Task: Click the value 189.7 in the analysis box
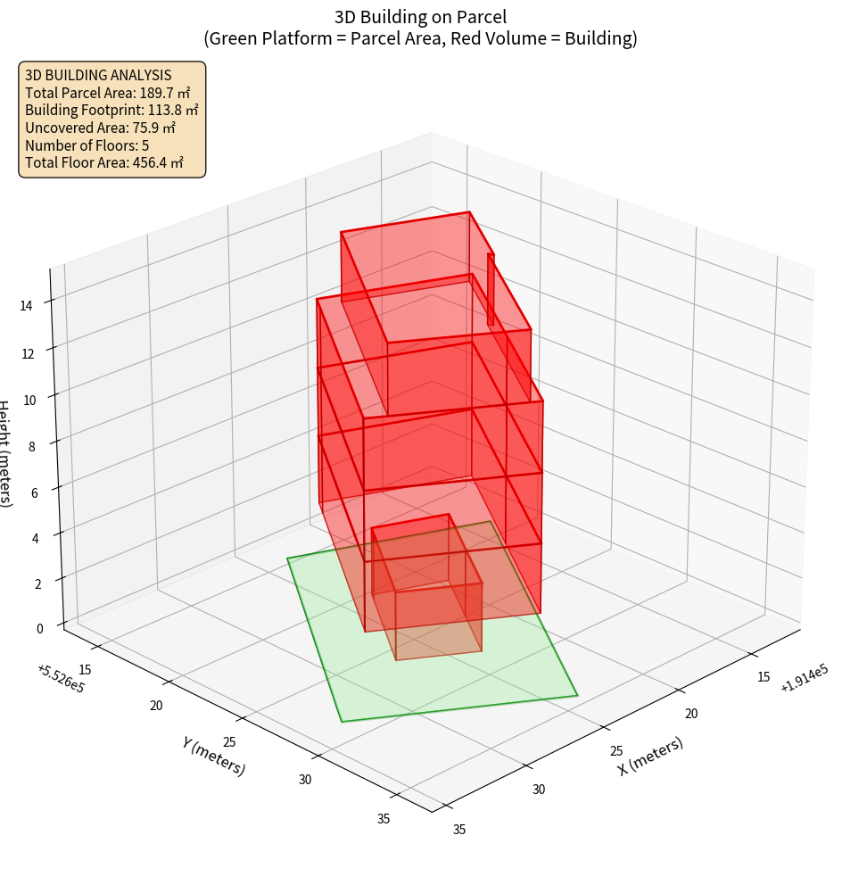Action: (159, 93)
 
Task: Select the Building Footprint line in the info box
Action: (111, 111)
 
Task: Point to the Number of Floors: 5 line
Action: (87, 145)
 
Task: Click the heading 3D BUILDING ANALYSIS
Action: (98, 76)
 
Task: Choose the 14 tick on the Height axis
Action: (27, 305)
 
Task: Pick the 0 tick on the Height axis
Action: (39, 628)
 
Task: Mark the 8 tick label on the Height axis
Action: (32, 445)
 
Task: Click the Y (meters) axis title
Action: (214, 756)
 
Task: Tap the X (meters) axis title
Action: (651, 756)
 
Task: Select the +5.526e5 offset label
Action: (61, 679)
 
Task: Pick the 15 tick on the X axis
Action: (764, 677)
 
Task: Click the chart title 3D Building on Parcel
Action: (420, 16)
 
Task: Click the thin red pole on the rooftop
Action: (491, 289)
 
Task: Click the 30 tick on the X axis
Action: (539, 789)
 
